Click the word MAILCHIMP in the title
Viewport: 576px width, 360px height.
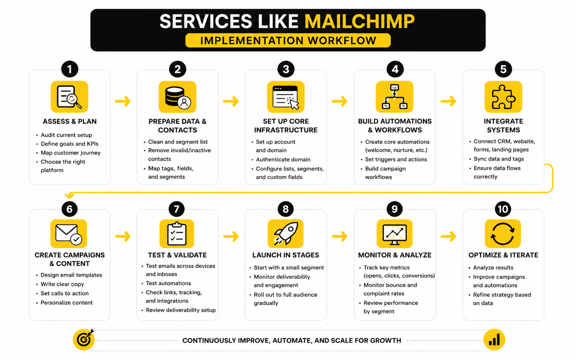[x=359, y=21]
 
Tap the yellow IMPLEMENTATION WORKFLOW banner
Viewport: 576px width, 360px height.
[x=288, y=40]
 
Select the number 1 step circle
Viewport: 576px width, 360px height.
[x=69, y=69]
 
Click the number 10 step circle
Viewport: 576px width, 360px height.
[x=503, y=209]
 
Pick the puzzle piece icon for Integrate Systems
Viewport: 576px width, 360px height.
[x=503, y=97]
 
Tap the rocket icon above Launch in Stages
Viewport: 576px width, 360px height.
[x=285, y=233]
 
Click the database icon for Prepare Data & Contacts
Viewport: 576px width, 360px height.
[x=178, y=97]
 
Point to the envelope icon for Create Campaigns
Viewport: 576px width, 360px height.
[x=69, y=233]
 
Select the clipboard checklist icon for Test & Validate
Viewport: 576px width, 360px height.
[x=177, y=234]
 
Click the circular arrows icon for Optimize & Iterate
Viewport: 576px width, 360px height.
[x=503, y=233]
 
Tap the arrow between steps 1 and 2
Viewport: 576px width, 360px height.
[x=123, y=101]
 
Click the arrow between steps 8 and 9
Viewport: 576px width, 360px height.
[x=340, y=237]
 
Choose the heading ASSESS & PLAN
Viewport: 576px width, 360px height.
[x=70, y=122]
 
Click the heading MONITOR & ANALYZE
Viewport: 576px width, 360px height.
[x=395, y=255]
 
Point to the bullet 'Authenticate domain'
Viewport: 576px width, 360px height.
[x=283, y=159]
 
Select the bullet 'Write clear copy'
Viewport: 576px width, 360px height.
[x=62, y=284]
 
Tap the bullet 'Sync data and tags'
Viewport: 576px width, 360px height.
[x=499, y=159]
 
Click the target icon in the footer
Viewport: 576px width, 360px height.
[x=84, y=340]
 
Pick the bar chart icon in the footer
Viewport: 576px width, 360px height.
[x=494, y=340]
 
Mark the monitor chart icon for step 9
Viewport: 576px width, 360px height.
[x=395, y=233]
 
